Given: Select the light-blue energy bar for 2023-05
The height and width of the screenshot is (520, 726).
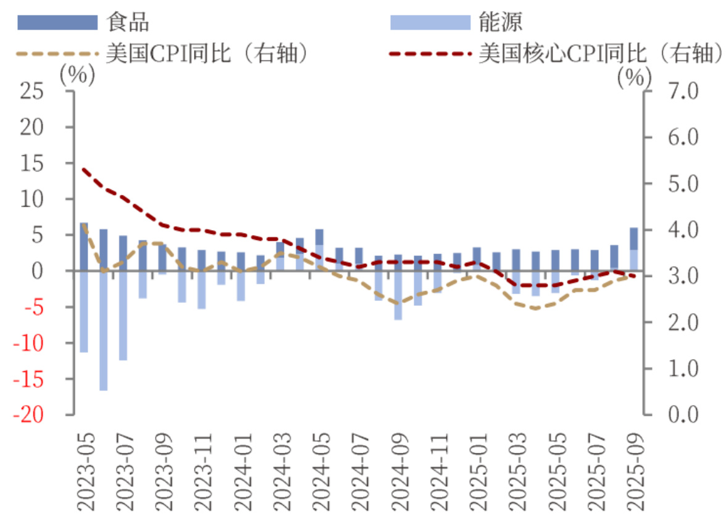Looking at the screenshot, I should coord(84,312).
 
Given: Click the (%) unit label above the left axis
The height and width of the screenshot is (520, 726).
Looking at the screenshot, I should coord(77,75).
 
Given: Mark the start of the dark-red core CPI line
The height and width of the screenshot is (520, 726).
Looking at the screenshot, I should coord(83,168).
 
